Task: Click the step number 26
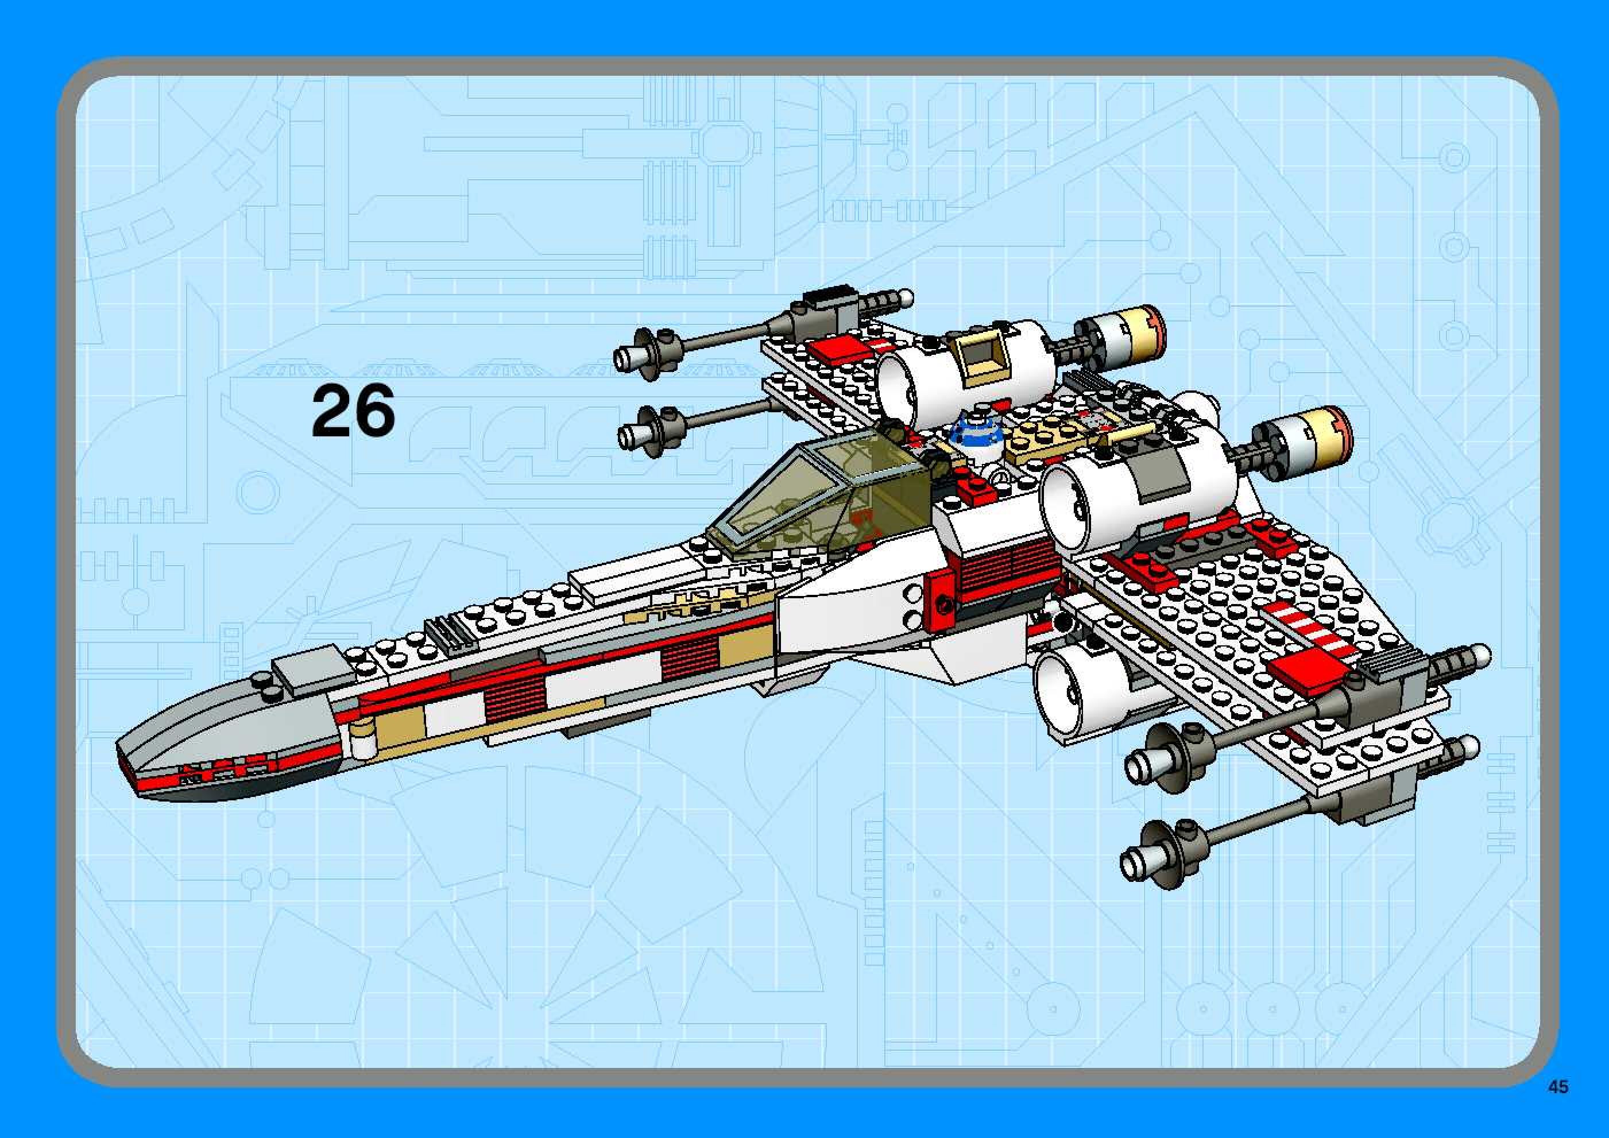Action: point(353,412)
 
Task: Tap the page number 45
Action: point(1558,1087)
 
